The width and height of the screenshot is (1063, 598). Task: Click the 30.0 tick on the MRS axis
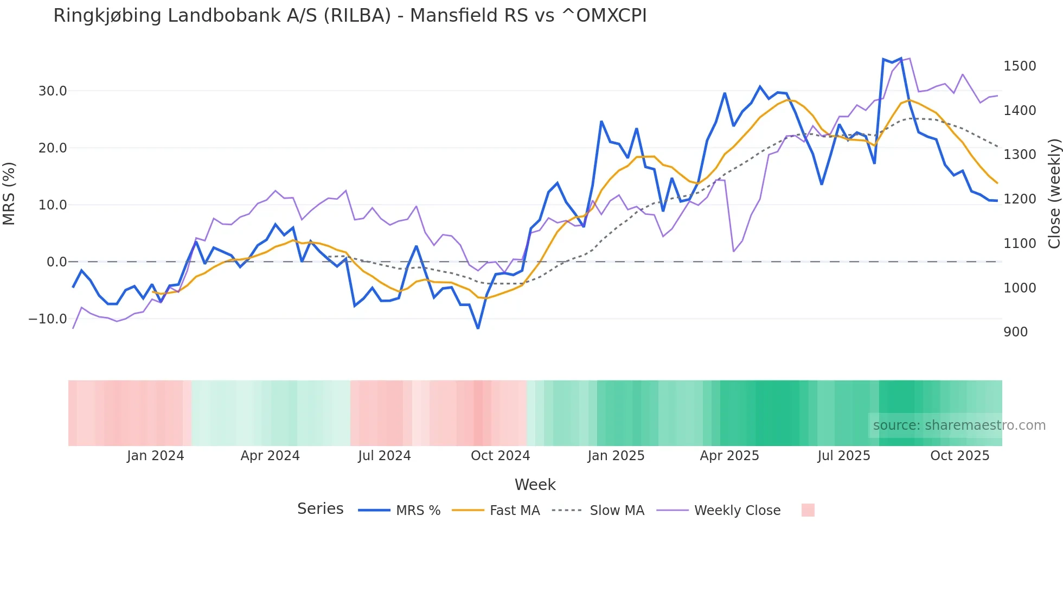pos(53,91)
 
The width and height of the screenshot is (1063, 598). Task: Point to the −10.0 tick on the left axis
pos(48,319)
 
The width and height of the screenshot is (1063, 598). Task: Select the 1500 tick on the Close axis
pos(1020,66)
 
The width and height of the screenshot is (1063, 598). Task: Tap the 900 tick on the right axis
pos(1015,332)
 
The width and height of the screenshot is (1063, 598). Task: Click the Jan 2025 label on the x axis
pos(616,456)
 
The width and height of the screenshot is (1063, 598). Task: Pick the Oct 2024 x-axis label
pos(500,456)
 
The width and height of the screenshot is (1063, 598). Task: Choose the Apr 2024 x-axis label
pos(270,456)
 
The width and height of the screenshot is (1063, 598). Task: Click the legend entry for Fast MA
pos(514,511)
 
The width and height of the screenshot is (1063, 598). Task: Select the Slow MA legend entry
pos(617,511)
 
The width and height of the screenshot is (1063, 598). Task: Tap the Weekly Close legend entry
pos(737,511)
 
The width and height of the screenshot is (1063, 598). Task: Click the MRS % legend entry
pos(418,511)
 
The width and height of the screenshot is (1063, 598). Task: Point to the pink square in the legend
pos(808,510)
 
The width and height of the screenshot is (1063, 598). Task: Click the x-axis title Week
pos(535,485)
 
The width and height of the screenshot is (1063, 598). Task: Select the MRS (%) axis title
pos(9,194)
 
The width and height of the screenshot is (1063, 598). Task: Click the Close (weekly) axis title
pos(1054,194)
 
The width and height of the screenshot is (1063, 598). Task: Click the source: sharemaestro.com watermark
pos(959,425)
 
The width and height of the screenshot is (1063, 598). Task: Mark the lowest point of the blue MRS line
pos(478,328)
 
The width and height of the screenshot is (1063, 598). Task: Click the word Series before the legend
pos(320,509)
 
